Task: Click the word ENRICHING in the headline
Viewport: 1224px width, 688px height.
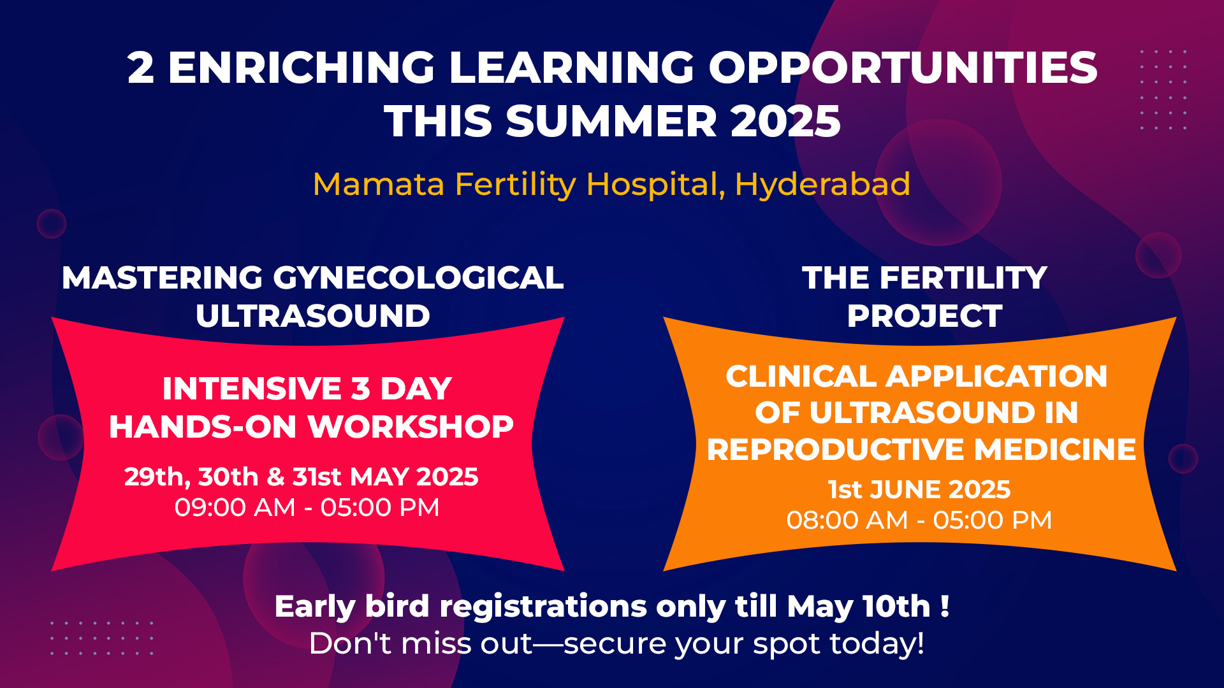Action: tap(301, 68)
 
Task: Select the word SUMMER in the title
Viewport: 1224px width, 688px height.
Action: tap(612, 121)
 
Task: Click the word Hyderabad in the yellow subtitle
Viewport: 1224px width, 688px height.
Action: tap(822, 184)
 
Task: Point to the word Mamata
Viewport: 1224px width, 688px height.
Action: tap(378, 184)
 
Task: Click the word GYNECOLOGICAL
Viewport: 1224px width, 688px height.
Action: tap(418, 278)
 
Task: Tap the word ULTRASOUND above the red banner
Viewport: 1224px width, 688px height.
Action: tap(313, 316)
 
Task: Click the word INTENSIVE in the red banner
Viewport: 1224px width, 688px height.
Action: tap(252, 389)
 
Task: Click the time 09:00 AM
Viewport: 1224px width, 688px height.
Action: tap(235, 508)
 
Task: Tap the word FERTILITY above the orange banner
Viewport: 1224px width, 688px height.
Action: tap(963, 278)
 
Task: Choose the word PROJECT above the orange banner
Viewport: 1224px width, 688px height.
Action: tap(924, 316)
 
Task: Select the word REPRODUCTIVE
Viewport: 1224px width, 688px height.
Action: tap(836, 450)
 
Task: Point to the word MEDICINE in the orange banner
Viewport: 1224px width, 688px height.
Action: tap(1055, 450)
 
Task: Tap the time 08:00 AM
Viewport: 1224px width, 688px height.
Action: tap(847, 520)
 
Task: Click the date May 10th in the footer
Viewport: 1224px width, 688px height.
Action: tap(859, 606)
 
